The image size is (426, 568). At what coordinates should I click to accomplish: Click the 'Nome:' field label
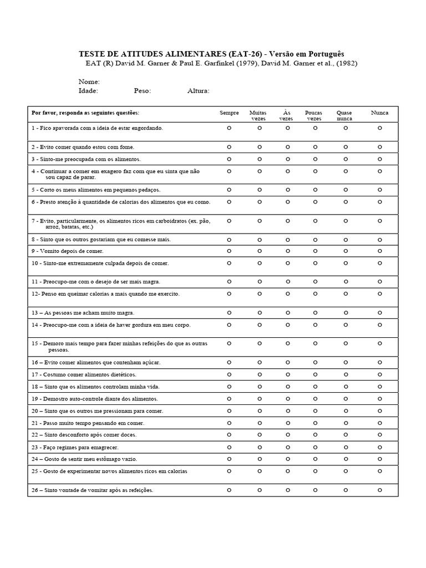click(x=89, y=82)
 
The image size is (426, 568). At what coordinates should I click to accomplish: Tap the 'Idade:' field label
click(x=88, y=91)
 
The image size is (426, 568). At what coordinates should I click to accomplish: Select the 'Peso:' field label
click(x=142, y=91)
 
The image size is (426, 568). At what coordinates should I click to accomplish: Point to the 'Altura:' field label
click(x=198, y=91)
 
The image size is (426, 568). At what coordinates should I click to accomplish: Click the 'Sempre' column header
click(x=229, y=113)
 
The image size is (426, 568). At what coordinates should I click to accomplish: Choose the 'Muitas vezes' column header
click(x=258, y=115)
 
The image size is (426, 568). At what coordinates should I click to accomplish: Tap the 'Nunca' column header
click(x=379, y=113)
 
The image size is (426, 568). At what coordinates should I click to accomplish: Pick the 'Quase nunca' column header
click(x=344, y=115)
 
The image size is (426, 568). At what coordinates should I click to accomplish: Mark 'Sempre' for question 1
click(x=229, y=128)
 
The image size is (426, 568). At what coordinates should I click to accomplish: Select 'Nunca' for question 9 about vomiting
click(x=380, y=251)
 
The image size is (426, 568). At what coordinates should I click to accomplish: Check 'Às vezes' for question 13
click(x=287, y=313)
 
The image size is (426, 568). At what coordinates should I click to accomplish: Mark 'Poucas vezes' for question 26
click(x=315, y=490)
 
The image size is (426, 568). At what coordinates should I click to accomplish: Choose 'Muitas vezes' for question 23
click(x=259, y=447)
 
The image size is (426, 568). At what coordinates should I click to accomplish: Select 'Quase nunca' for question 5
click(x=345, y=190)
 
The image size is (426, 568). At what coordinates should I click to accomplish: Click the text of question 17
click(x=83, y=374)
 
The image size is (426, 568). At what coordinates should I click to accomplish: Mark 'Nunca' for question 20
click(x=380, y=411)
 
